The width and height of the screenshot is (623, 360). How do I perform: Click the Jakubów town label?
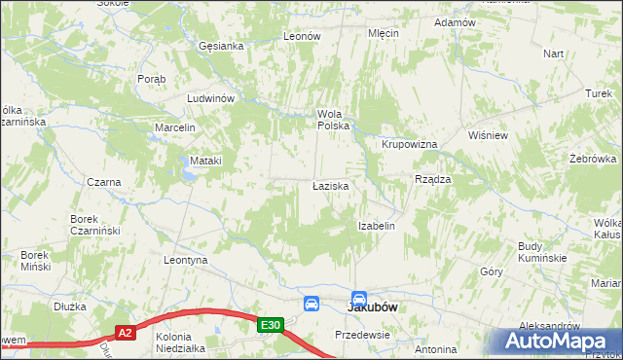pyautogui.click(x=376, y=306)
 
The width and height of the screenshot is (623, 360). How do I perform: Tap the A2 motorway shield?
pyautogui.click(x=125, y=333)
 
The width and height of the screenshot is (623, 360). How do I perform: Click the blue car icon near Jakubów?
pyautogui.click(x=311, y=304)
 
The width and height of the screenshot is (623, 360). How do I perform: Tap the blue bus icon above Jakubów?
pyautogui.click(x=359, y=299)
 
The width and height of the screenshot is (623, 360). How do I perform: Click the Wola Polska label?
pyautogui.click(x=333, y=119)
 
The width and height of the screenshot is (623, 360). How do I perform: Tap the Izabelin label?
pyautogui.click(x=376, y=226)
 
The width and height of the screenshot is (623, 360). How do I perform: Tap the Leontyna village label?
pyautogui.click(x=187, y=261)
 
